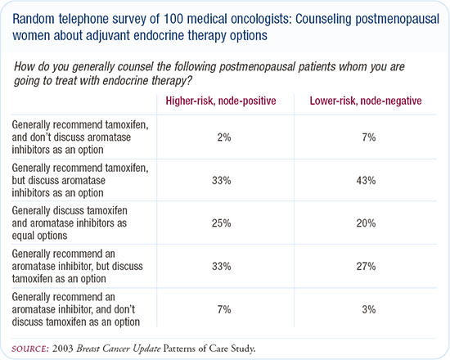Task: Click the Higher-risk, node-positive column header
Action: (221, 101)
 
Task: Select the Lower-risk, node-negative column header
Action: (366, 101)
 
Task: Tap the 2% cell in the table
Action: (224, 137)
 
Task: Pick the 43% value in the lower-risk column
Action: (366, 181)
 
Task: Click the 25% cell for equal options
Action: (221, 223)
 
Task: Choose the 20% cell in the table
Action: (366, 223)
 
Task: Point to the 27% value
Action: (366, 267)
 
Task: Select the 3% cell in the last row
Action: (369, 309)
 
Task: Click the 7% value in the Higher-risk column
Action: (224, 309)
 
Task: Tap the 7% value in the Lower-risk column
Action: (369, 137)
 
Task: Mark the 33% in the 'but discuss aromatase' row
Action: (221, 181)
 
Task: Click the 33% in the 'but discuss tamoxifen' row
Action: (221, 267)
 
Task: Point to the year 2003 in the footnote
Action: (63, 349)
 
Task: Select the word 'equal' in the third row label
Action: (24, 236)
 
